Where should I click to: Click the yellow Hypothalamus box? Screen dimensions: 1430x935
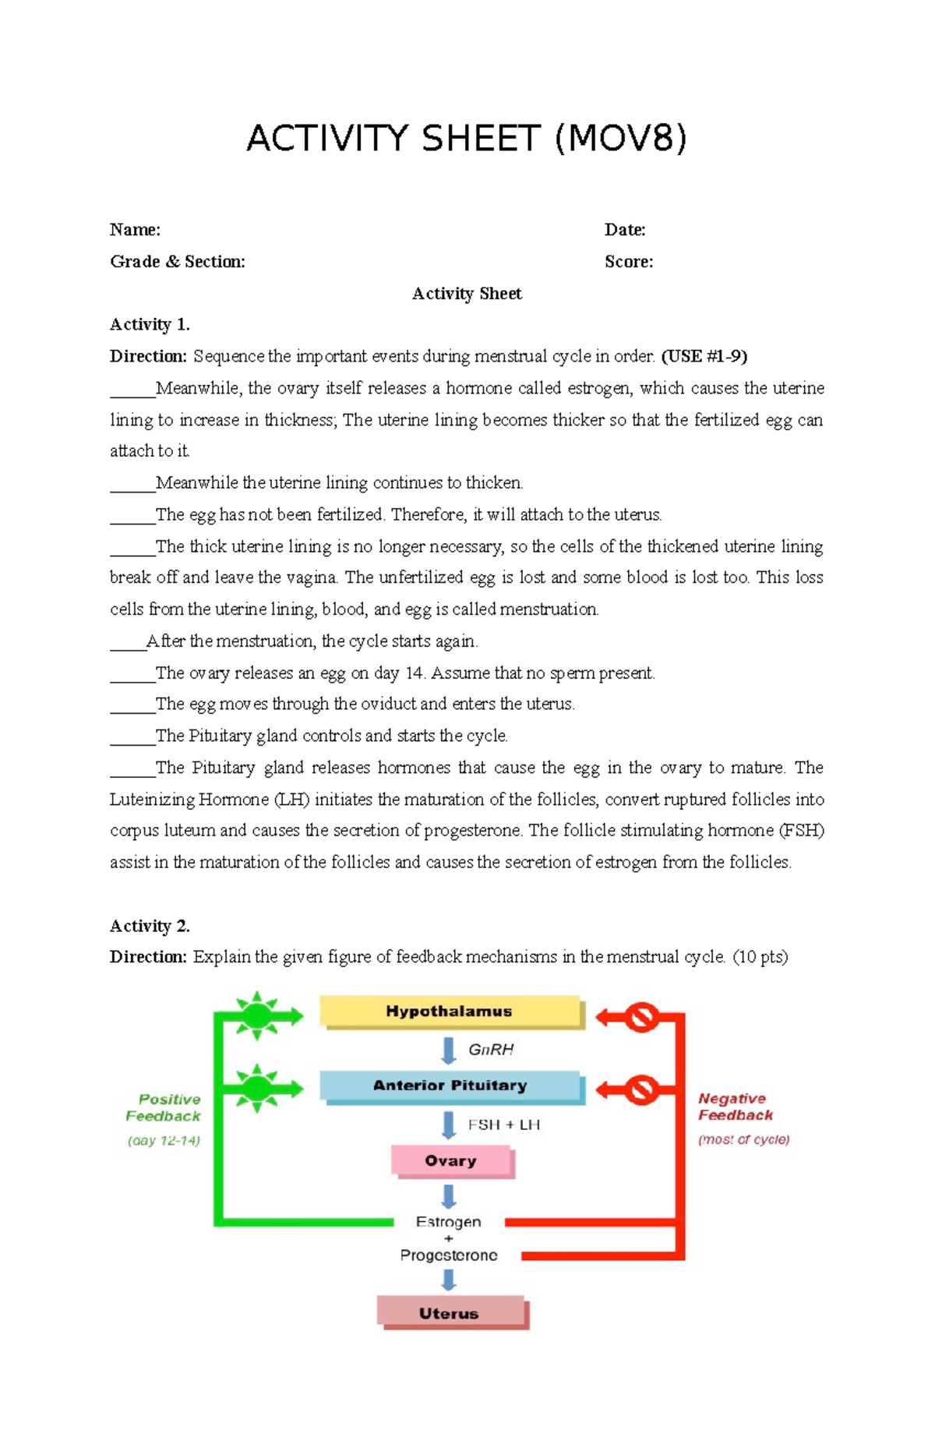[450, 1012]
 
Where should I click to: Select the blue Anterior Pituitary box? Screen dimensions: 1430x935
[450, 1086]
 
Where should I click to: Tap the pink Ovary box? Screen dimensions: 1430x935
[450, 1160]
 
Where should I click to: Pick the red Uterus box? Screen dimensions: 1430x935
[450, 1313]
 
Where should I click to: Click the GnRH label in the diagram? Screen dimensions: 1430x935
[491, 1050]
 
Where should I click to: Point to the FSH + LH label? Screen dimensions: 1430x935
[503, 1125]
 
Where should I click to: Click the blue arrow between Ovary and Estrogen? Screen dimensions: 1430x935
[449, 1195]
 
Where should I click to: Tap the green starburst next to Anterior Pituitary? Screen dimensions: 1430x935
[256, 1088]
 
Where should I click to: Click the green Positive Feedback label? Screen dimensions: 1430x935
[164, 1107]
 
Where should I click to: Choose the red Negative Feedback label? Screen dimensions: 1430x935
[735, 1107]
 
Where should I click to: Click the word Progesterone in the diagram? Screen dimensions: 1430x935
[449, 1255]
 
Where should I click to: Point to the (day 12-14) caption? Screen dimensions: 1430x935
[164, 1141]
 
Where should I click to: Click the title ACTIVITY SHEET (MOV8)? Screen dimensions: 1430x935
[467, 139]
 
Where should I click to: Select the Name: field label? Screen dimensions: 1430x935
[135, 230]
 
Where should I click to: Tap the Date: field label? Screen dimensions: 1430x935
[625, 230]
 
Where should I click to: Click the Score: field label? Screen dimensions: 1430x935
[629, 262]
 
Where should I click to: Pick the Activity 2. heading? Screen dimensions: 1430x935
[150, 926]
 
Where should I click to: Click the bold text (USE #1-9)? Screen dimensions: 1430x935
[704, 356]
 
